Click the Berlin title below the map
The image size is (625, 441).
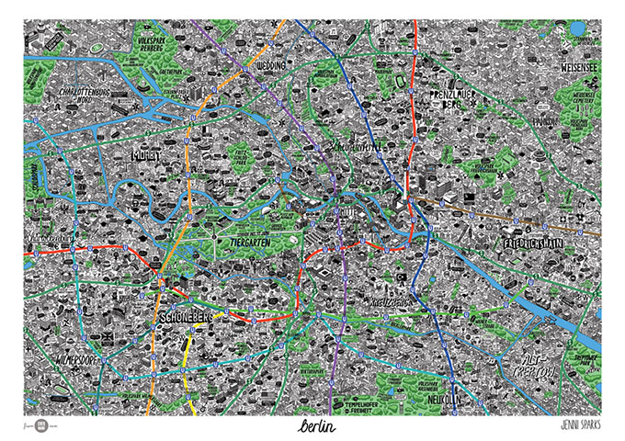pos(314,427)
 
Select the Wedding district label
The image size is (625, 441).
pos(270,67)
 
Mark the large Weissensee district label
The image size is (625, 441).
pos(580,67)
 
